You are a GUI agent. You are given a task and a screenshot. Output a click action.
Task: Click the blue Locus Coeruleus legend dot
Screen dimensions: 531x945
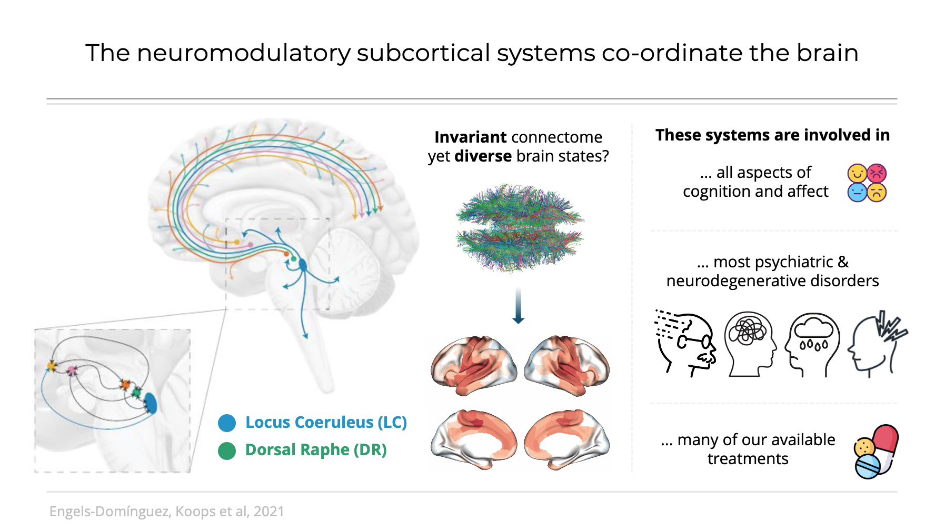[227, 423]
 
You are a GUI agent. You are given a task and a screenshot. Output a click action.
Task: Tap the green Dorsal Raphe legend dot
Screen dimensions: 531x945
[227, 451]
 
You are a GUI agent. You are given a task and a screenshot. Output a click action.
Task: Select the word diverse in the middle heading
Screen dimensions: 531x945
[483, 156]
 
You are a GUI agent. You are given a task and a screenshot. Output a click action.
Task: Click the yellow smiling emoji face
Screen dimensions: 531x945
[857, 173]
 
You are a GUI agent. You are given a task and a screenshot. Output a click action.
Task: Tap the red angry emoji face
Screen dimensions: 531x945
[877, 173]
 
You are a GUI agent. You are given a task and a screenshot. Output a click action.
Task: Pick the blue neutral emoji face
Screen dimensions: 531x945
[857, 193]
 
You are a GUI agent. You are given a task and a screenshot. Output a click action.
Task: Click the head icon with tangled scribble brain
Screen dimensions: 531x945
[750, 344]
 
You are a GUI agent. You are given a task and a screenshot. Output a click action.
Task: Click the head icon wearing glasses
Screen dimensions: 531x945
[686, 344]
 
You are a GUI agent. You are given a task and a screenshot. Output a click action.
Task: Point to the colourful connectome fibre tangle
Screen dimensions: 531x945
[519, 228]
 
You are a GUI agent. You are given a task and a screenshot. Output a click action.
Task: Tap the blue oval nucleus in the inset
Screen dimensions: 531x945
[151, 404]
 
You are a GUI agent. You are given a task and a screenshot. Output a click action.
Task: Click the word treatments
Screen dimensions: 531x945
[748, 459]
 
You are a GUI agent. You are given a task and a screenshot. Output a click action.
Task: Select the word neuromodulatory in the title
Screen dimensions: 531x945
[243, 53]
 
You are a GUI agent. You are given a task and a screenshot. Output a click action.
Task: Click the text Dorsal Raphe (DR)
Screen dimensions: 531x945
[316, 450]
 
